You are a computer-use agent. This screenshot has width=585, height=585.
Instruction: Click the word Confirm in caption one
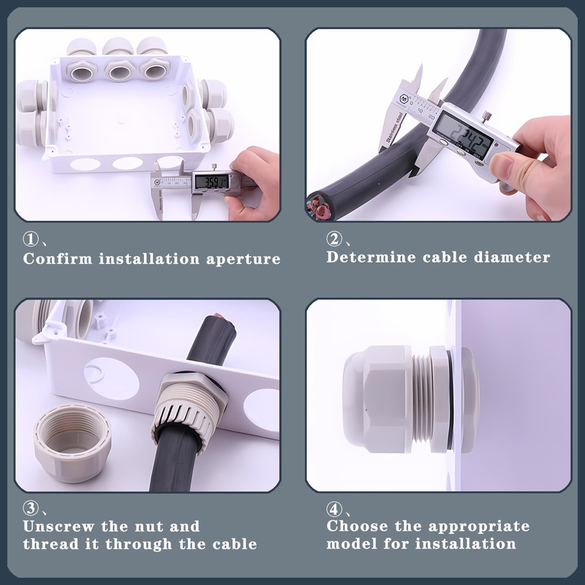click(58, 259)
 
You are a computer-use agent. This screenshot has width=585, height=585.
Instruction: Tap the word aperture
click(244, 260)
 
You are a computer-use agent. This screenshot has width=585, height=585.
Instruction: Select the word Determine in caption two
click(371, 257)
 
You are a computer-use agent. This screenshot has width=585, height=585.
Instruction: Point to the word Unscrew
click(58, 526)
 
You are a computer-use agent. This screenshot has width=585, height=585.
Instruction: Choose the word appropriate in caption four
click(479, 526)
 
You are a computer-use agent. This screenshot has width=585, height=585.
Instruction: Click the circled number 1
click(31, 239)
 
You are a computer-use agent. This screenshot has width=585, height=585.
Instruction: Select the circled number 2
click(334, 239)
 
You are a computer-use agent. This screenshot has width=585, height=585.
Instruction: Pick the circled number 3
click(31, 508)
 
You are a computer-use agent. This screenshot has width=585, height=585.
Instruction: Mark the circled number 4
click(334, 509)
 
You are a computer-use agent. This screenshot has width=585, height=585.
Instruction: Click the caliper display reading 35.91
click(211, 182)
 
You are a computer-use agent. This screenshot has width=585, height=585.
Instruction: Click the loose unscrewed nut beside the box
click(72, 444)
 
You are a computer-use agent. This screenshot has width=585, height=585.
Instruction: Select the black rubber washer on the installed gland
click(450, 400)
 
